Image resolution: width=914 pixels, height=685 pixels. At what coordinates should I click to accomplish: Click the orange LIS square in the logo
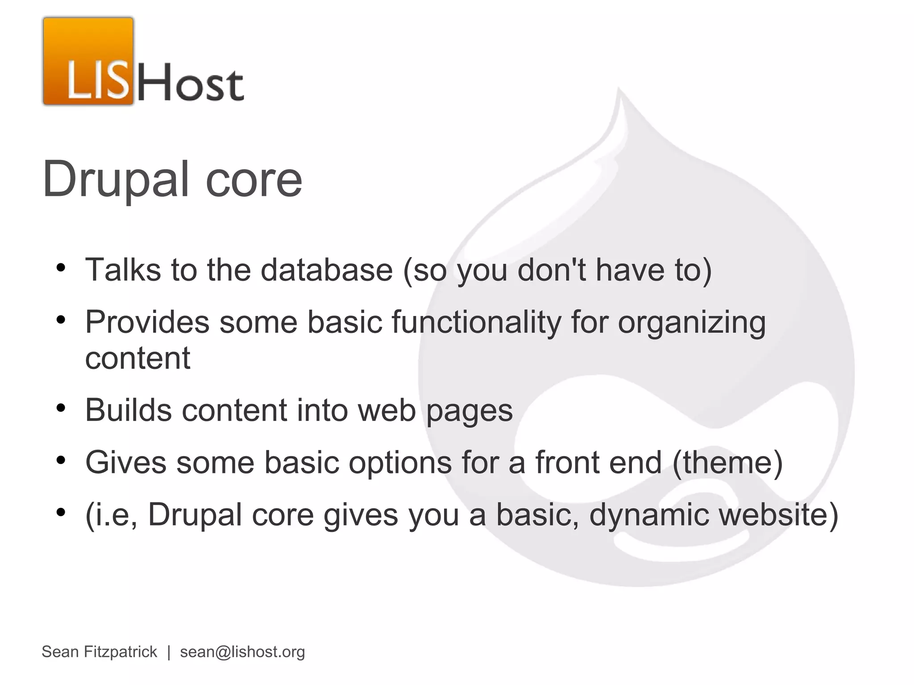88,61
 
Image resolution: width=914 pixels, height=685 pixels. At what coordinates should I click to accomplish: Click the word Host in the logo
191,83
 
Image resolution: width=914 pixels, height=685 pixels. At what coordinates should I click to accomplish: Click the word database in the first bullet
326,270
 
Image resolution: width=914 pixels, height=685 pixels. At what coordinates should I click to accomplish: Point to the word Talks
123,270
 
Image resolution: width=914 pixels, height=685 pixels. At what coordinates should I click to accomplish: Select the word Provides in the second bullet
147,322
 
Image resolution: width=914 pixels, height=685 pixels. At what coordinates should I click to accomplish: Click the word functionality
476,323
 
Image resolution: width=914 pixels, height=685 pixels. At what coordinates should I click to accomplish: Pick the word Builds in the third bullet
128,410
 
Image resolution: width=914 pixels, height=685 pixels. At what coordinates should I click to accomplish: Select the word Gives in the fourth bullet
125,462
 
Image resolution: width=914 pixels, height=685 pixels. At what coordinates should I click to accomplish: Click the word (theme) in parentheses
727,463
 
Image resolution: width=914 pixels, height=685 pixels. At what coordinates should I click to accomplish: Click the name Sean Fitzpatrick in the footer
99,652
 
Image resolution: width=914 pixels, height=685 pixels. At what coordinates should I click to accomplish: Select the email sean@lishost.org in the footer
242,652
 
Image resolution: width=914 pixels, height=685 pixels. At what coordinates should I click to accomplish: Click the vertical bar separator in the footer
169,652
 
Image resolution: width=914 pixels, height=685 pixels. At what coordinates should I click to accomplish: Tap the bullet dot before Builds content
61,408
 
